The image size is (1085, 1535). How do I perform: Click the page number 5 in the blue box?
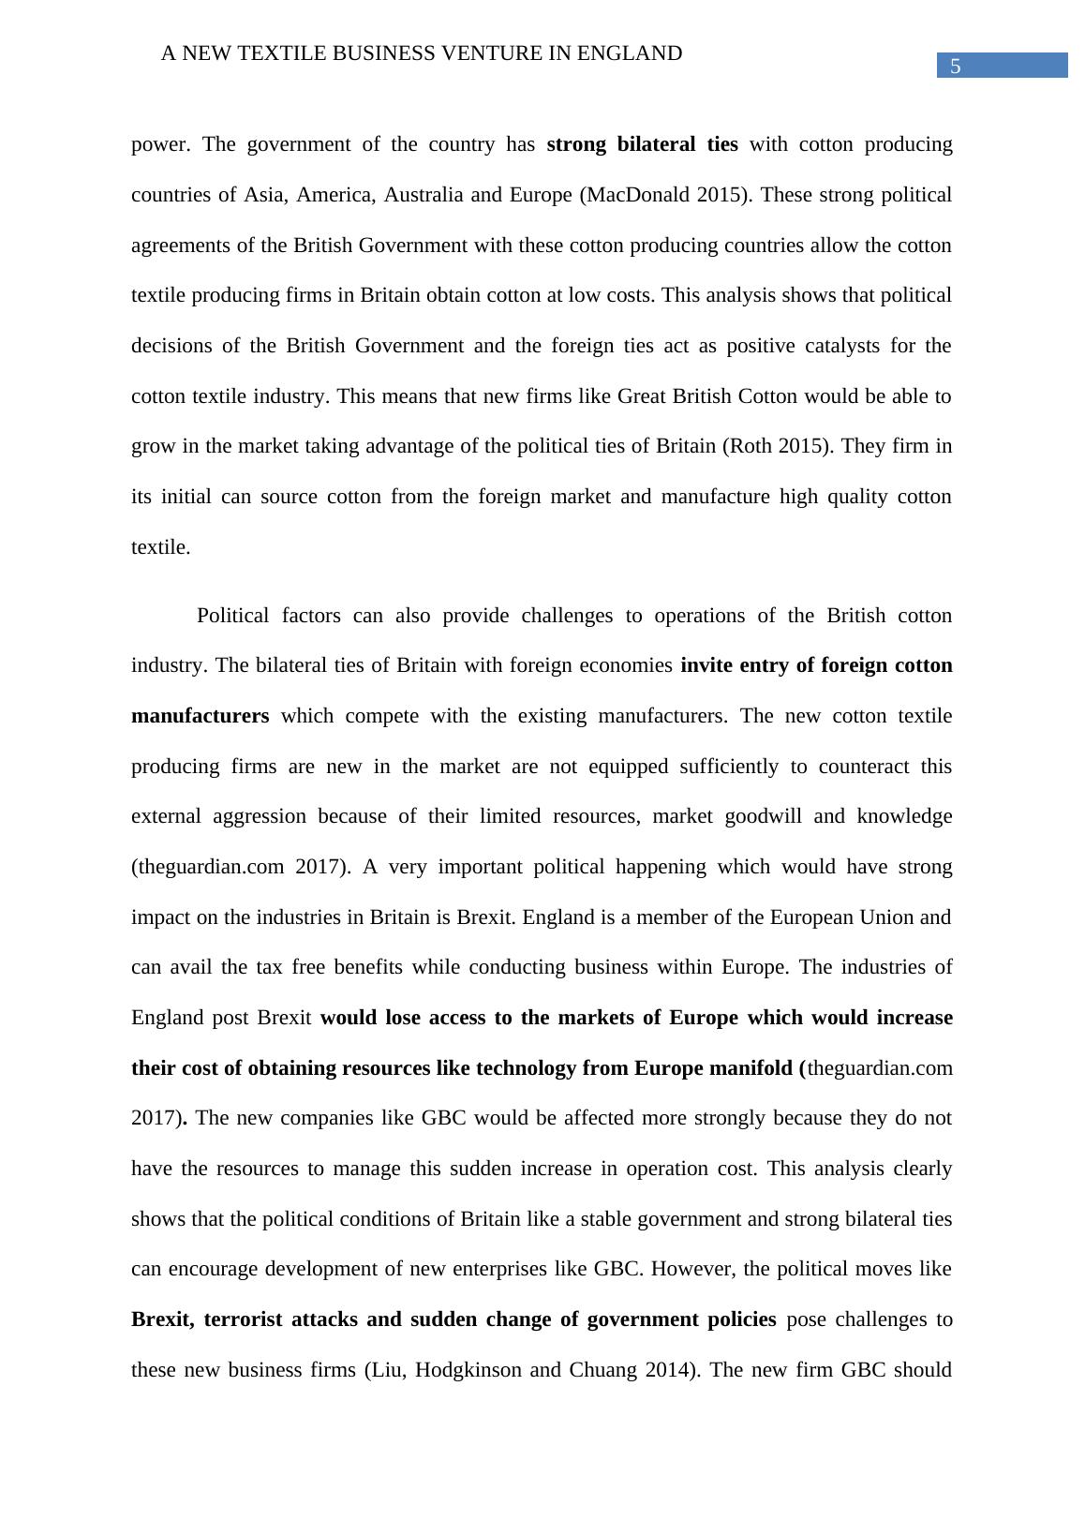point(955,66)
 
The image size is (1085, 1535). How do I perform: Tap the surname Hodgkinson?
point(468,1370)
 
